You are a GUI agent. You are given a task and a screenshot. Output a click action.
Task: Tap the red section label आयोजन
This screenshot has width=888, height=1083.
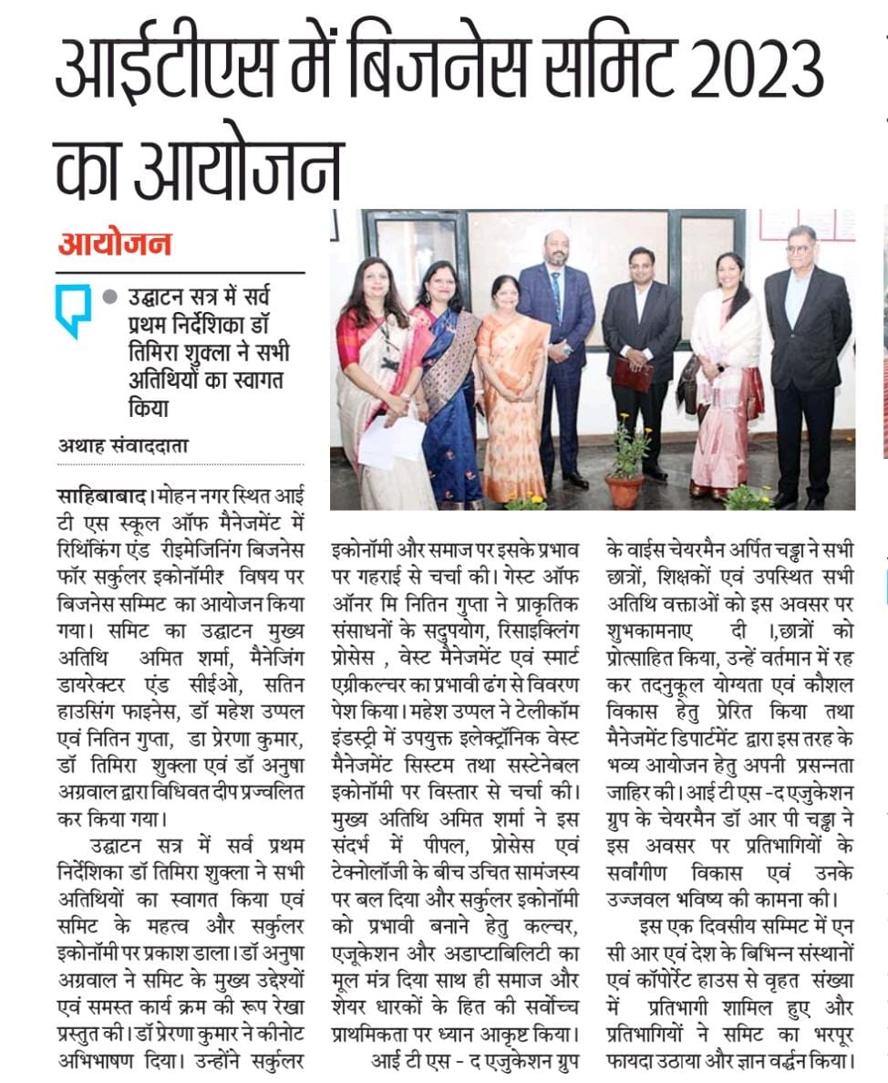click(115, 245)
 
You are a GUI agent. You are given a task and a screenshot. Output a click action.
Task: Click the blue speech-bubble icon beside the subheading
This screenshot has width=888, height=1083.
click(72, 310)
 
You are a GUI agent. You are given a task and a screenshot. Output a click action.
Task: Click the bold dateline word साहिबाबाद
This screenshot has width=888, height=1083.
click(102, 495)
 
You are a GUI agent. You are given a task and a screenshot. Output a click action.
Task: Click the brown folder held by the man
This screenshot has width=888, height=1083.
click(633, 372)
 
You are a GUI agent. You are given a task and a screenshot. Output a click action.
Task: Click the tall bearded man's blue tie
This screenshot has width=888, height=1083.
click(556, 297)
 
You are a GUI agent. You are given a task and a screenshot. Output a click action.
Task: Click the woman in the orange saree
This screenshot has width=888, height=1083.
click(512, 392)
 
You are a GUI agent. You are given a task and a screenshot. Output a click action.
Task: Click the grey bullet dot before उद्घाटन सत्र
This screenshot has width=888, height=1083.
click(110, 297)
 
